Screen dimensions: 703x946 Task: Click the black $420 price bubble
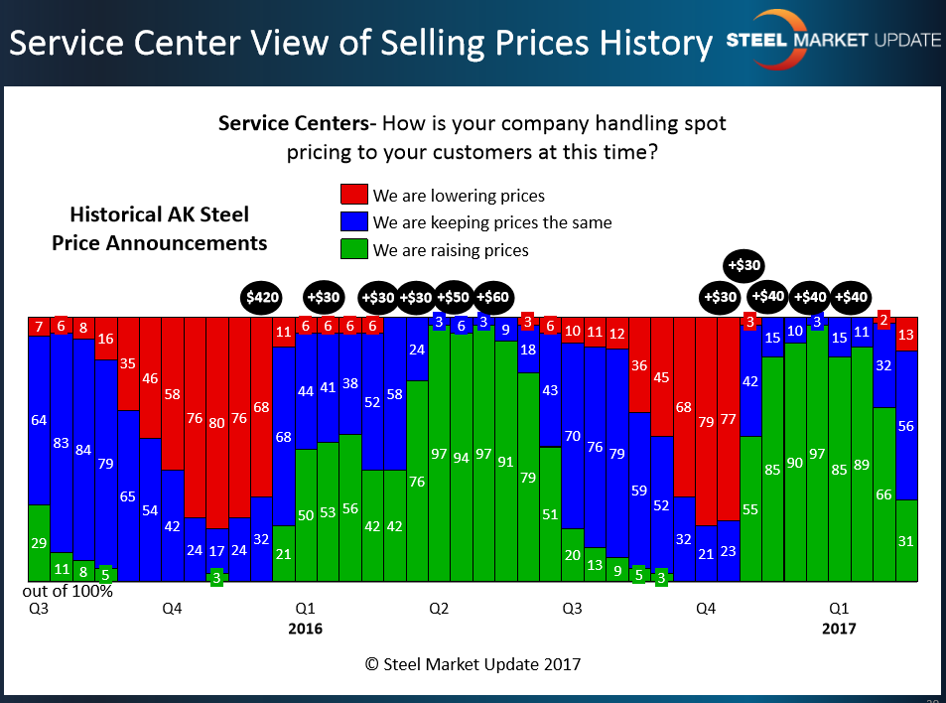coord(263,297)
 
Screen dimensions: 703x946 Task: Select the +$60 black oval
coord(493,297)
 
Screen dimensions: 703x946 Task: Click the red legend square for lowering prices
coord(354,195)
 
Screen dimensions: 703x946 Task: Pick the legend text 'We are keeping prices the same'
coord(492,222)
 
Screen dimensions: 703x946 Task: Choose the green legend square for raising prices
coord(354,249)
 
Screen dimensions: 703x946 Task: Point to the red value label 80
coord(216,422)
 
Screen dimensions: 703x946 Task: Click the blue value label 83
coord(62,443)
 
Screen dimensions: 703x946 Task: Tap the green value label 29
coord(39,542)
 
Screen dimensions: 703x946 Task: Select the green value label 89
coord(861,466)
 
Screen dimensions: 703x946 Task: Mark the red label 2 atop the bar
coord(883,320)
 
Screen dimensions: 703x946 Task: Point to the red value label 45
coord(661,377)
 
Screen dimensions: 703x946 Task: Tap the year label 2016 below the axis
coord(306,629)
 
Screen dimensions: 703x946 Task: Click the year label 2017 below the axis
coord(839,629)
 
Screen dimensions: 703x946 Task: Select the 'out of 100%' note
coord(68,591)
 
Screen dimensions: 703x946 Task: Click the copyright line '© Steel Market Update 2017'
coord(473,664)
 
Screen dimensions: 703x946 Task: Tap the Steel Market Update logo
coord(834,41)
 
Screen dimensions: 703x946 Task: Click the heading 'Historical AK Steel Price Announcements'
coord(159,228)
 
